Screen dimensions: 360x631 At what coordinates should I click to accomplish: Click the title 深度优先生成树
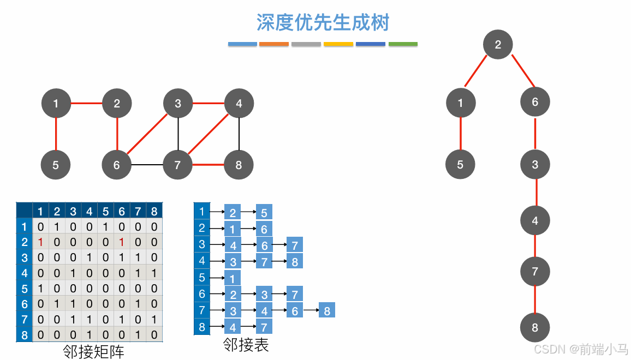(x=323, y=22)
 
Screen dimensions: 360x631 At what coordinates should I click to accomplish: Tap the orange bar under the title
(x=274, y=44)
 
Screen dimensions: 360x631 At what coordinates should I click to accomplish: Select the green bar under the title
(x=403, y=44)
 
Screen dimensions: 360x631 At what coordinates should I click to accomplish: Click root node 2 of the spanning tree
(x=498, y=45)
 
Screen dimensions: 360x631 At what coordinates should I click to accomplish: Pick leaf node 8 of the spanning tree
(x=535, y=328)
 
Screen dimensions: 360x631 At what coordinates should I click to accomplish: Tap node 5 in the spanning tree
(x=460, y=165)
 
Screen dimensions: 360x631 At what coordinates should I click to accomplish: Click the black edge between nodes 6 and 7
(x=147, y=164)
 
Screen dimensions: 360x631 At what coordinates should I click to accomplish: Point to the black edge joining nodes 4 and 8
(x=239, y=134)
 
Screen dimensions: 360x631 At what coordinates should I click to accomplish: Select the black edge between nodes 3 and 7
(x=178, y=134)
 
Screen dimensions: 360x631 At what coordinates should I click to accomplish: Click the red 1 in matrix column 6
(x=122, y=242)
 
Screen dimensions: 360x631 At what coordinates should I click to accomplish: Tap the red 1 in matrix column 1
(x=40, y=242)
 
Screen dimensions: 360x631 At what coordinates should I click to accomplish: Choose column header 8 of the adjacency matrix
(x=154, y=211)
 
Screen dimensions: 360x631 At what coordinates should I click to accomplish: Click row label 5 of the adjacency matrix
(x=23, y=288)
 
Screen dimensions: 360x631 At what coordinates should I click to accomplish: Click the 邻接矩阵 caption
(x=94, y=352)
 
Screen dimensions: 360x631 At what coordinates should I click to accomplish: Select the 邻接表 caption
(x=246, y=345)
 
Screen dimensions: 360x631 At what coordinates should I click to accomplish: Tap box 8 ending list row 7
(x=326, y=310)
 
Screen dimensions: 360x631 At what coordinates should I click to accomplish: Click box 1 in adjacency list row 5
(x=233, y=278)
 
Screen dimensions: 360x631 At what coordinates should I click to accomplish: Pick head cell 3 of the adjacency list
(x=202, y=244)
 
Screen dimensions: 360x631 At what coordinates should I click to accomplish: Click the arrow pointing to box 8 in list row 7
(x=311, y=310)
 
